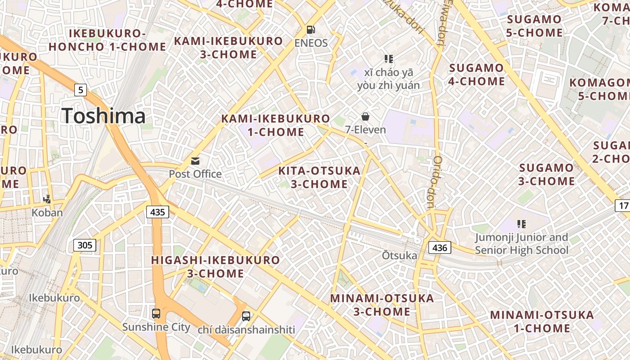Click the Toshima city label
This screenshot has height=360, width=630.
click(x=103, y=116)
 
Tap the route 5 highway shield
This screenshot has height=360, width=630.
click(x=80, y=90)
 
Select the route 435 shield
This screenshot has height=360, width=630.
click(x=157, y=211)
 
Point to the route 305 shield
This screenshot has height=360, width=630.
click(x=85, y=245)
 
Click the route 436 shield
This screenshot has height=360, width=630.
click(x=439, y=247)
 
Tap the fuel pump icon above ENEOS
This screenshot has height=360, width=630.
click(x=310, y=30)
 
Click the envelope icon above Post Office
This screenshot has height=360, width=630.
click(x=195, y=161)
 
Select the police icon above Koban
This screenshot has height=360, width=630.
click(x=47, y=199)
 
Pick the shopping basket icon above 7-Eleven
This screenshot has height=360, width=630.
click(x=365, y=117)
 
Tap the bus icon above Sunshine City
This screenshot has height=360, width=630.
click(x=156, y=314)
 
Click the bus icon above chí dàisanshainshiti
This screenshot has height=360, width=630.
click(x=246, y=316)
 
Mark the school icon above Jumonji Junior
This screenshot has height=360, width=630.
click(x=522, y=224)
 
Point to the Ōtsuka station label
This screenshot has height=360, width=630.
click(x=400, y=256)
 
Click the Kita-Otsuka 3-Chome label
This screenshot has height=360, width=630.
click(x=319, y=177)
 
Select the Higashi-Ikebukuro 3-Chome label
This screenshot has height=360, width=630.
click(x=216, y=267)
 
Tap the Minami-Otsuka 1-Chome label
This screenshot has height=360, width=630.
click(x=542, y=321)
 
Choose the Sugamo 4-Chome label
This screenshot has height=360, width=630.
click(x=477, y=75)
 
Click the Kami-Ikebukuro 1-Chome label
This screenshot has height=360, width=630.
click(x=275, y=125)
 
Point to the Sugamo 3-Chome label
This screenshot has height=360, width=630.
click(x=547, y=175)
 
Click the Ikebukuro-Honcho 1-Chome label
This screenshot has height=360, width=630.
click(x=108, y=40)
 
